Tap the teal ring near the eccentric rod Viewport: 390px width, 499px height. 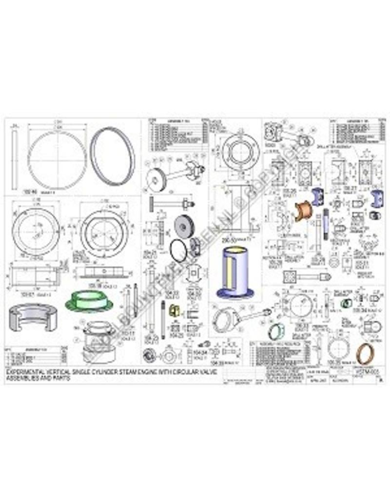[x=275, y=332]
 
